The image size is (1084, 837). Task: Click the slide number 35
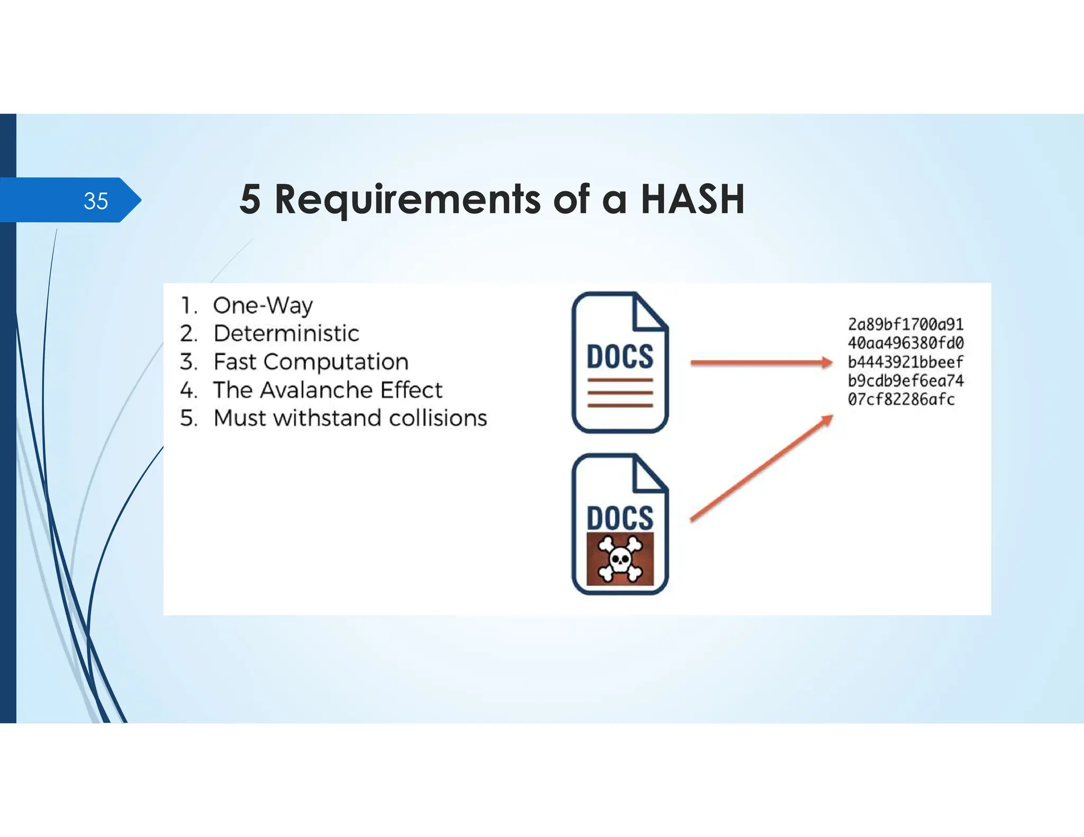(96, 201)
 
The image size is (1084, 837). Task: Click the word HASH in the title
(692, 199)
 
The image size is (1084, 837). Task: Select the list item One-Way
(263, 305)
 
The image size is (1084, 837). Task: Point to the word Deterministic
(286, 333)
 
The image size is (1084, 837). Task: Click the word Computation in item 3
(336, 362)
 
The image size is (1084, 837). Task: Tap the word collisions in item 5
(438, 418)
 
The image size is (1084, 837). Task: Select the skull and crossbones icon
(620, 559)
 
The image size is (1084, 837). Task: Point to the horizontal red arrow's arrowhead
(826, 362)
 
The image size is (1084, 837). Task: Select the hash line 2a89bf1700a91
(906, 324)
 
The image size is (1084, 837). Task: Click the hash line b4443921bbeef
(906, 362)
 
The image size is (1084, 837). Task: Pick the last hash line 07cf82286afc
(901, 399)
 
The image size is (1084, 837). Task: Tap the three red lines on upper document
(620, 393)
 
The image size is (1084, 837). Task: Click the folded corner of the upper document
(648, 313)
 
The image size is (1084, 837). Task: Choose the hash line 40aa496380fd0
(906, 343)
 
